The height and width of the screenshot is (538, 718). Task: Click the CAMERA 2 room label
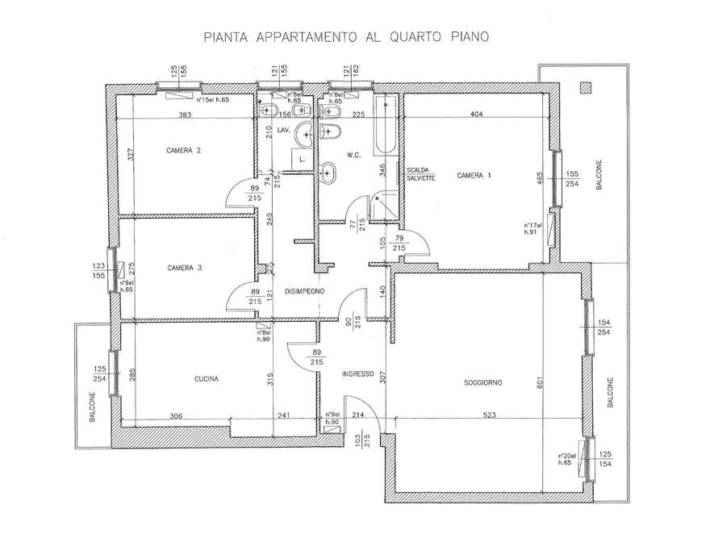[x=183, y=150]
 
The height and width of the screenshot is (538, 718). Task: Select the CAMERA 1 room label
[x=473, y=175]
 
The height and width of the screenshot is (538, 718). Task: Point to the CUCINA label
[x=207, y=378]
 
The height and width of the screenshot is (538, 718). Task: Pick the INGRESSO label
[x=357, y=373]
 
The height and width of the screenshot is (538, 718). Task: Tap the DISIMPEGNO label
[x=303, y=291]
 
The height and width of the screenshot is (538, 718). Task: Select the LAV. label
[x=283, y=129]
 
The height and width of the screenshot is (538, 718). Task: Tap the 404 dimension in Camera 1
[x=476, y=115]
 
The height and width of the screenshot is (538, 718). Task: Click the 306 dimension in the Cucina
[x=176, y=416]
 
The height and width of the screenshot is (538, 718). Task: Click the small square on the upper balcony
[x=584, y=85]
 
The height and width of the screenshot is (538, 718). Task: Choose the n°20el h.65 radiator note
[x=566, y=460]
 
